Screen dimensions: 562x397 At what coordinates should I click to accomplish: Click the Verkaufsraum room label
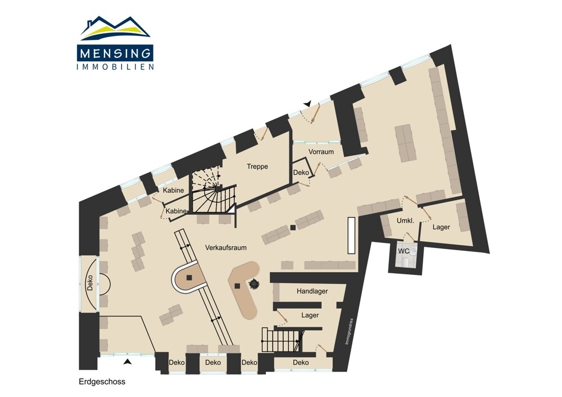coord(226,247)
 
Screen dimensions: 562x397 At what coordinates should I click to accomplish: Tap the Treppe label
coord(257,167)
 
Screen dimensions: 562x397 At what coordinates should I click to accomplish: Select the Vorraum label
coord(321,152)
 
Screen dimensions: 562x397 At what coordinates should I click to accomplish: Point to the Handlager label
coord(312,291)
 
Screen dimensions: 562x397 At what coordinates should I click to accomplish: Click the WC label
coord(404,251)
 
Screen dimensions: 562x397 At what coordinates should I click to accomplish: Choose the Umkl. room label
coord(405,221)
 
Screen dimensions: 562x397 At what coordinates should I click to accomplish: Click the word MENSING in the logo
coord(115,53)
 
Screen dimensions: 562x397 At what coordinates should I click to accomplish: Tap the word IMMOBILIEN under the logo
coord(115,67)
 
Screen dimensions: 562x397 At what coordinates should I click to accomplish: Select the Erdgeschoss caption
coord(102,382)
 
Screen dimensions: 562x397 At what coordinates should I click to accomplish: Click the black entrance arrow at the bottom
coord(127,362)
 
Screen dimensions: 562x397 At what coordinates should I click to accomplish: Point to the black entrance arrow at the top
coord(307,104)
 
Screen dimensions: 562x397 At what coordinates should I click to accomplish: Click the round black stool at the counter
coord(255,283)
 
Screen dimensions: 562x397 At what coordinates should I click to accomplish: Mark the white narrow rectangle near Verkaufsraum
coord(352,236)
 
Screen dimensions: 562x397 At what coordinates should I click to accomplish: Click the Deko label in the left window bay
coord(89,283)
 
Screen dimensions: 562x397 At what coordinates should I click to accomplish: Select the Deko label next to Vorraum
coord(301,173)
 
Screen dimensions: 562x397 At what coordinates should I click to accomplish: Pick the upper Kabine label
coord(174,191)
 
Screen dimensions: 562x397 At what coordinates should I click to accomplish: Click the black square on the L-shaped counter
coord(237,286)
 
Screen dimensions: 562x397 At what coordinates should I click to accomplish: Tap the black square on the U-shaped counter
coord(189,277)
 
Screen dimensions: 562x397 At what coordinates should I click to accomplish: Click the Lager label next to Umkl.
coord(441,227)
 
